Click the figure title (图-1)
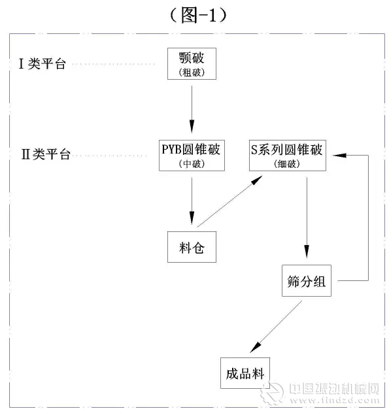click(x=194, y=14)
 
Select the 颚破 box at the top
click(x=192, y=63)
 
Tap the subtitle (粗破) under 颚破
click(x=192, y=73)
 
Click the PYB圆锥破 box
click(x=192, y=154)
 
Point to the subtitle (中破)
click(x=192, y=164)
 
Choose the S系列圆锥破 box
click(x=287, y=154)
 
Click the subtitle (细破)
click(x=287, y=165)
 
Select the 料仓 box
click(x=192, y=246)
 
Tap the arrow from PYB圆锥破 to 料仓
click(x=192, y=199)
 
